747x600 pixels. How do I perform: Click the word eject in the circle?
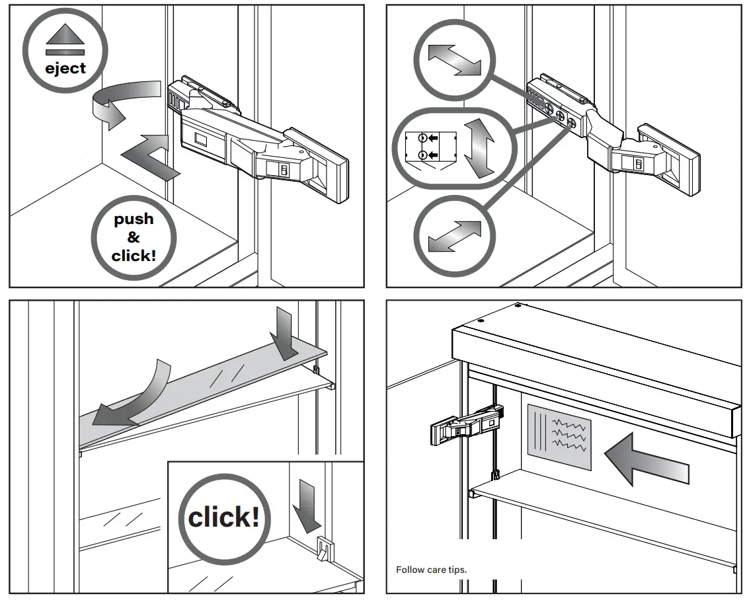click(65, 67)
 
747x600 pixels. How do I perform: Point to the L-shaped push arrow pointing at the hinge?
click(151, 156)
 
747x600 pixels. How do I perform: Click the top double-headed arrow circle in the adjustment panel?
click(453, 61)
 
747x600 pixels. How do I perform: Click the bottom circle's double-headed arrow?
click(454, 236)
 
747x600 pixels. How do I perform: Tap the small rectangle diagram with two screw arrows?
click(430, 147)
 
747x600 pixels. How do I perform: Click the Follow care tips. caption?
click(431, 569)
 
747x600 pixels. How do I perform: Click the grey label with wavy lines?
click(559, 437)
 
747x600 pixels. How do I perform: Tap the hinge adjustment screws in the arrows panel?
click(560, 116)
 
